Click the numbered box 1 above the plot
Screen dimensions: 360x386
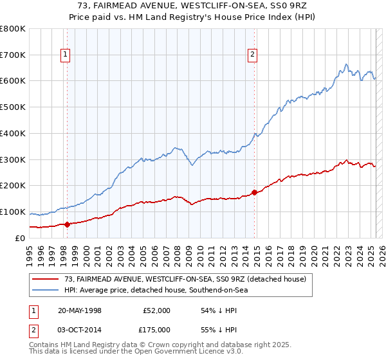[x=66, y=55]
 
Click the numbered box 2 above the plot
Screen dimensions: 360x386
[x=253, y=55]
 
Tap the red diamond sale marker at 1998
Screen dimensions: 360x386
[x=68, y=224]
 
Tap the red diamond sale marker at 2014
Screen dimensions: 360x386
[x=255, y=192]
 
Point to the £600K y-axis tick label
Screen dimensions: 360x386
[x=13, y=81]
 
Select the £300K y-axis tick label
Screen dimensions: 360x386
[x=13, y=159]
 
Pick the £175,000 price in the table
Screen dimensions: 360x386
[x=157, y=329]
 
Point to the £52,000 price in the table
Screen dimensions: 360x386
[x=157, y=310]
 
